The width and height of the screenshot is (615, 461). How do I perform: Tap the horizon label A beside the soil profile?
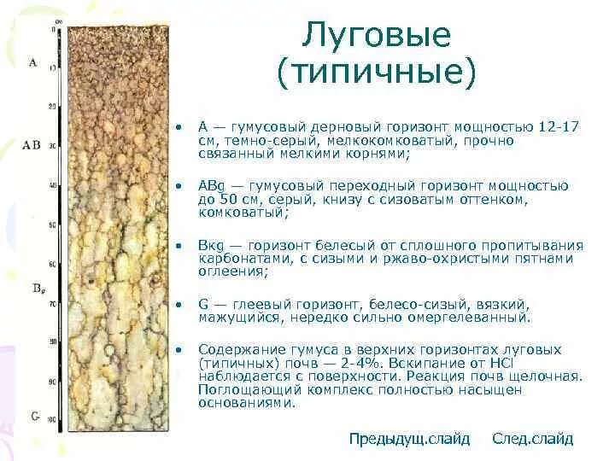click(32, 62)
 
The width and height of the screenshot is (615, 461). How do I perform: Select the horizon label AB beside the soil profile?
click(32, 145)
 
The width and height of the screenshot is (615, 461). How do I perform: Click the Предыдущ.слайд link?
click(409, 439)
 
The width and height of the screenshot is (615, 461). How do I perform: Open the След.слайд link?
click(532, 439)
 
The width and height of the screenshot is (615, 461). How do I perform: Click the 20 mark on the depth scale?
click(52, 106)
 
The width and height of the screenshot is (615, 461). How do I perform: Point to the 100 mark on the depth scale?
click(50, 420)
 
